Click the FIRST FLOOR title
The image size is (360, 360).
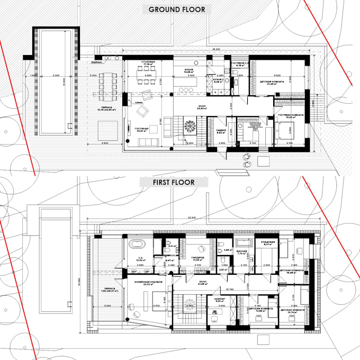point(174,182)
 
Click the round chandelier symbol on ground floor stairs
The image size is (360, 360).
point(190,127)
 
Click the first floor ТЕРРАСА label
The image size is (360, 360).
point(106,289)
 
